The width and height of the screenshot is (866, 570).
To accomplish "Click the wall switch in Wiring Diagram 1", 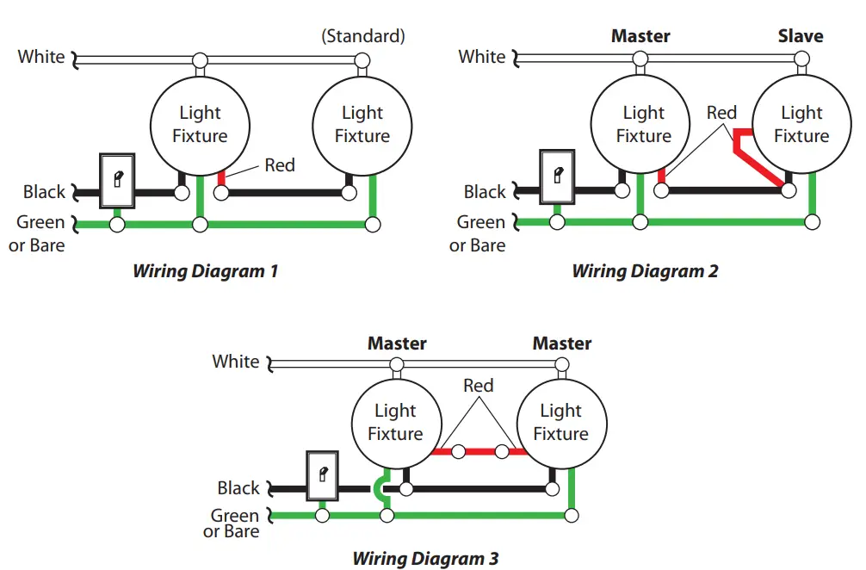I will click(117, 180).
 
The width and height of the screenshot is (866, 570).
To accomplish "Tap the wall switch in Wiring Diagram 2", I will click(557, 177).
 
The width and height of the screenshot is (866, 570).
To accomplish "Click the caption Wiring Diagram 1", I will click(205, 271).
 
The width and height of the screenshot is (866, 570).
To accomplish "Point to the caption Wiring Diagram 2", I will click(645, 271).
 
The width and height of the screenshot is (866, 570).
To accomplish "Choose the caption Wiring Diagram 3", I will click(425, 558).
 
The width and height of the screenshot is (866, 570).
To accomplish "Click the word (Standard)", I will click(362, 36).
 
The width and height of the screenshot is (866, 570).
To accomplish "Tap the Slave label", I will click(801, 36).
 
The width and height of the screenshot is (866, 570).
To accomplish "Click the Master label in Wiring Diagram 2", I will click(640, 36).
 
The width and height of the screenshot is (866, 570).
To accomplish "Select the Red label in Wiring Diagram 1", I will click(280, 164).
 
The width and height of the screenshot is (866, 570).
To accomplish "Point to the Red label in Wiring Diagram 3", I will click(478, 385).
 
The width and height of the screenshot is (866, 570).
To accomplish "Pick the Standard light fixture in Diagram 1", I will click(362, 125).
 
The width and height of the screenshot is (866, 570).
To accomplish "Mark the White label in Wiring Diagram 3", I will click(236, 362).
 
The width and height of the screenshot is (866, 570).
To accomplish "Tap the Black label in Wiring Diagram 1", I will click(44, 192).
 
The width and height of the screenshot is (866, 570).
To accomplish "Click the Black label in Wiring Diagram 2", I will click(485, 192).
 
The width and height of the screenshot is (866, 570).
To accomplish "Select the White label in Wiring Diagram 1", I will click(41, 57).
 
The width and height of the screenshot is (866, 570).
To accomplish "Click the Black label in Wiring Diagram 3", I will click(238, 488).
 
